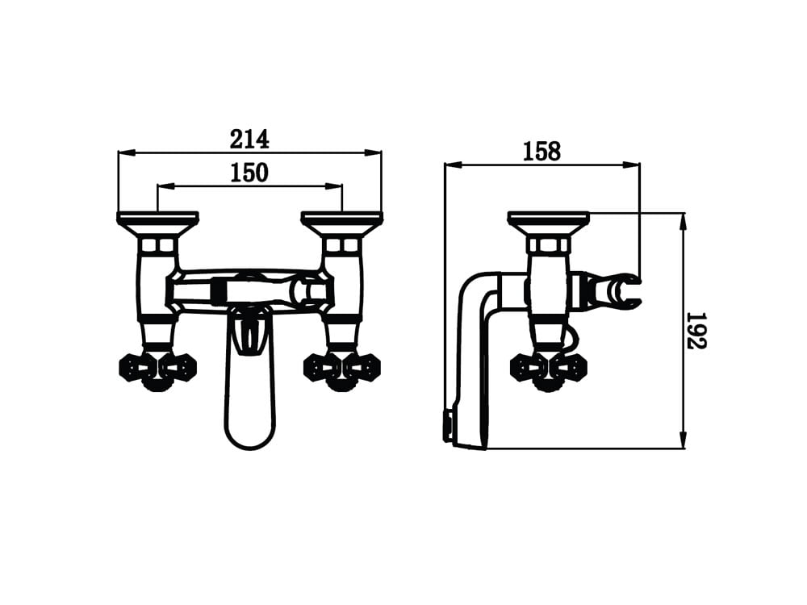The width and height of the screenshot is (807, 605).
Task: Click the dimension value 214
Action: [x=249, y=139]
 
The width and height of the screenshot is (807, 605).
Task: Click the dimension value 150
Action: [x=249, y=173]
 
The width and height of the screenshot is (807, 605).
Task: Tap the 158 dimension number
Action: [x=542, y=152]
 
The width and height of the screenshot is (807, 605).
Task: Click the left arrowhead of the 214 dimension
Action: [x=127, y=152]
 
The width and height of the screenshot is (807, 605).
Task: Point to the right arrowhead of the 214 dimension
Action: [x=373, y=152]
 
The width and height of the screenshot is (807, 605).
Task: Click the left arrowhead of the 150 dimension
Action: [x=165, y=186]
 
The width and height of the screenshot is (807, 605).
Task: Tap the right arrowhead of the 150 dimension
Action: [x=334, y=186]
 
